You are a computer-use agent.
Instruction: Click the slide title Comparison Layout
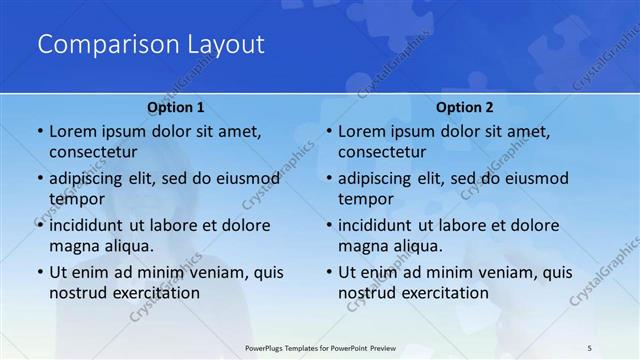(151, 44)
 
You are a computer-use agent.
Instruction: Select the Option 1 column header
(175, 106)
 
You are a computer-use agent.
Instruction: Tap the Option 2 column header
(465, 106)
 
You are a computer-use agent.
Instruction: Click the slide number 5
(590, 348)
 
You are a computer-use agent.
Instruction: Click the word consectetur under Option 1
(93, 152)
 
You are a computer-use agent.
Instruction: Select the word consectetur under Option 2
(382, 152)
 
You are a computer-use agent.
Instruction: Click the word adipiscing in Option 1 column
(90, 178)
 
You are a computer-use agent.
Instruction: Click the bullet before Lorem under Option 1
(39, 132)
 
